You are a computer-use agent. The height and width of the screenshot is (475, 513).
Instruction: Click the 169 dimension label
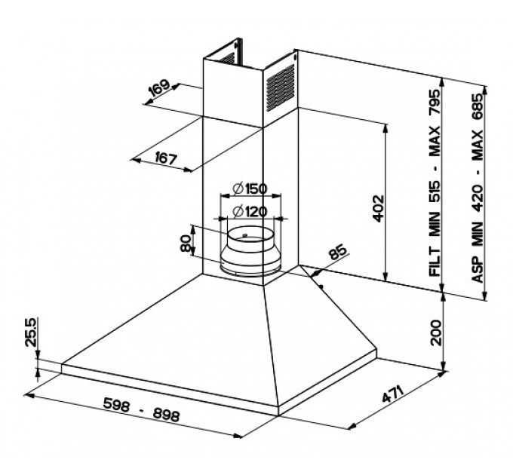tap(159, 87)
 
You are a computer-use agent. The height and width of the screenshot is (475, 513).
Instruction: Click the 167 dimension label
tap(166, 158)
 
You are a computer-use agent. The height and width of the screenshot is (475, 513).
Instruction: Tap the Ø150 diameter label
tap(250, 188)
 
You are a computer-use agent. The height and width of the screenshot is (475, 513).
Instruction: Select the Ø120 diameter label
tap(250, 212)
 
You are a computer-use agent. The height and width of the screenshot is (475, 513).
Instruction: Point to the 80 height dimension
tap(186, 244)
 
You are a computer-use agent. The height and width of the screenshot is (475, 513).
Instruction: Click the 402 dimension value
tap(378, 209)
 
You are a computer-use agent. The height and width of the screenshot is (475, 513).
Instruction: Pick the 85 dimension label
tap(337, 251)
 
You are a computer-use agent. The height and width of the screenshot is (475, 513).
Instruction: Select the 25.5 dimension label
tap(31, 332)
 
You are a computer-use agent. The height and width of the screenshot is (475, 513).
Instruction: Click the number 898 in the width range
tap(167, 415)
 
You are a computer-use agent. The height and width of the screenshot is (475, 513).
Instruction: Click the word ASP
tap(478, 270)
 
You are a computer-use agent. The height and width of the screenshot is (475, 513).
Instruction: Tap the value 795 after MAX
tap(435, 102)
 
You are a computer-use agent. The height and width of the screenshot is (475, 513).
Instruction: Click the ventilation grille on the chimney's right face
tap(281, 87)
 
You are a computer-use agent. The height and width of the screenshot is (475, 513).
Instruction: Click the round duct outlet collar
tap(250, 250)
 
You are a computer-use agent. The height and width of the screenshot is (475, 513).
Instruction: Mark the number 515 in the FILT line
tap(435, 192)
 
